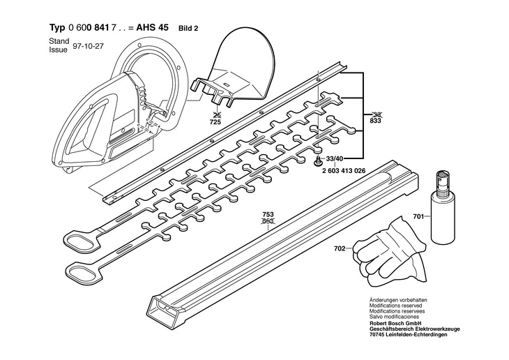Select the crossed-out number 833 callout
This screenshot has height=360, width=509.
(x=376, y=121)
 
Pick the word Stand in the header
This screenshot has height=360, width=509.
(x=59, y=42)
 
